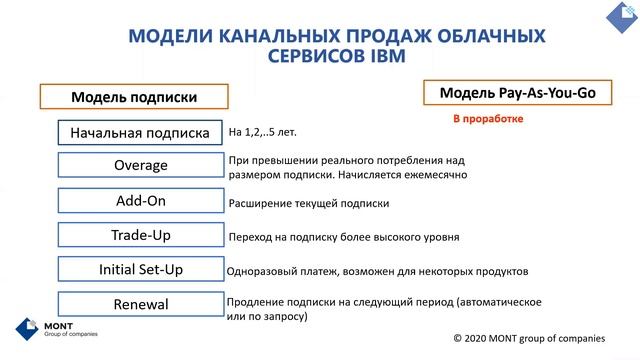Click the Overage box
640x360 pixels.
140,165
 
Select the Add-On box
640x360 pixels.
140,200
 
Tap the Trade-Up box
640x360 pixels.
140,235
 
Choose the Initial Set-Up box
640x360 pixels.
140,269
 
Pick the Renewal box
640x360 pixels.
140,304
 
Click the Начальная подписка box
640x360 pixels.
140,132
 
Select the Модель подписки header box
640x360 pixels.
133,97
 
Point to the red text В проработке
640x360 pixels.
488,119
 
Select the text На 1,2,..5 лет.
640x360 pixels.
263,132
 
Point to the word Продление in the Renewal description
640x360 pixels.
256,301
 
